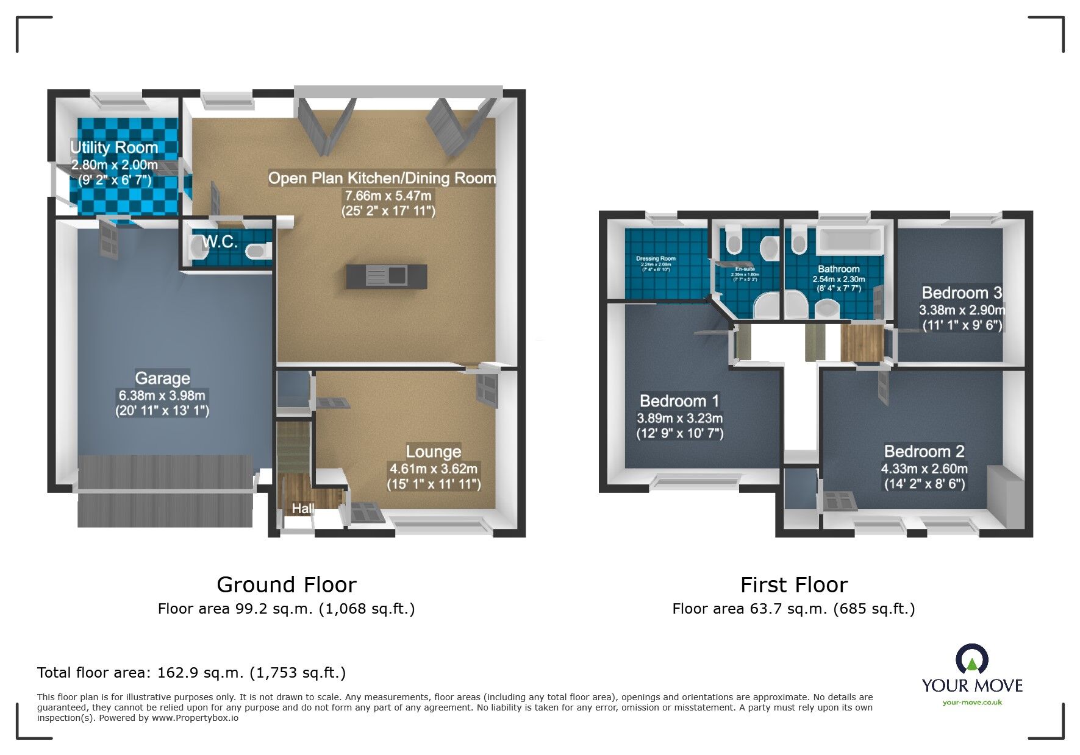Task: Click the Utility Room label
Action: pos(114,147)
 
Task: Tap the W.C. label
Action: pos(220,242)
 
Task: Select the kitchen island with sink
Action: pos(387,276)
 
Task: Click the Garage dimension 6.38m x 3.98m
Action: pos(162,395)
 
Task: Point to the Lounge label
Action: pos(434,452)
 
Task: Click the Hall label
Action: pos(302,508)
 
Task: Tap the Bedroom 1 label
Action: pos(679,401)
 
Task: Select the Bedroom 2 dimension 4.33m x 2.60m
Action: pos(924,469)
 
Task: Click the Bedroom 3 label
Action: pos(962,292)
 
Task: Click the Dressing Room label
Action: pos(656,258)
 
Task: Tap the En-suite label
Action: pos(745,269)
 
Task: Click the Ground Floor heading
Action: pos(286,585)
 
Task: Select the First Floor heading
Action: pos(793,585)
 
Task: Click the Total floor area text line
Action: pos(191,673)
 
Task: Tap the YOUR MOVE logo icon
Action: pos(971,660)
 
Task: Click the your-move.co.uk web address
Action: pos(972,703)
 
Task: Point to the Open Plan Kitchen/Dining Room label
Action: pos(382,179)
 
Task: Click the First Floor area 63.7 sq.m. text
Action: pos(793,609)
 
